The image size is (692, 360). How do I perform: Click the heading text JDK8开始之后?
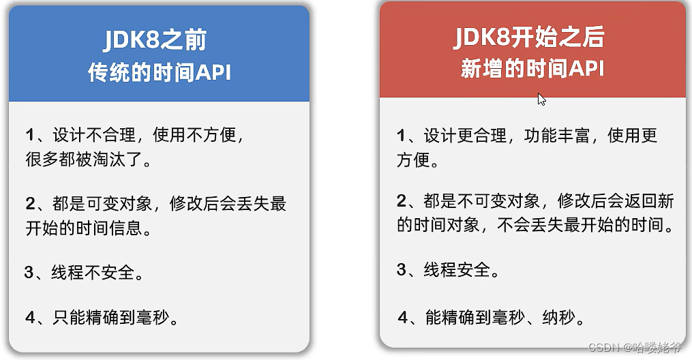click(529, 37)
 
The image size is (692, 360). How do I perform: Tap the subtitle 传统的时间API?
click(159, 72)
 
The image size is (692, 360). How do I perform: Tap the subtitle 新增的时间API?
click(532, 70)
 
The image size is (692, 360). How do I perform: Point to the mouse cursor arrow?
click(541, 99)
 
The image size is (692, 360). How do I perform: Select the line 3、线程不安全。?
click(84, 273)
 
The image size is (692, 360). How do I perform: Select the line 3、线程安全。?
click(448, 269)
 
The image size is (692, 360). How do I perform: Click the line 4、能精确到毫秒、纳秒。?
click(491, 317)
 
